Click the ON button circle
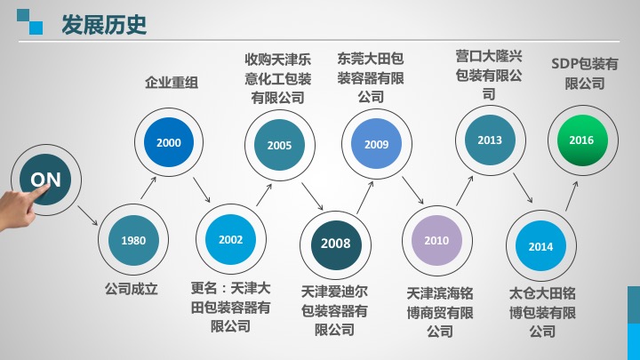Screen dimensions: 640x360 45,180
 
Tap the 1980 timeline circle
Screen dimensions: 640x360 133,240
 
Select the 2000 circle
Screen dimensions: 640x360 169,142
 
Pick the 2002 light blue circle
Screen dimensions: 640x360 230,240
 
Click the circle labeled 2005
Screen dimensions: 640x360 280,145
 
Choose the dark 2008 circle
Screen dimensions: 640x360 336,244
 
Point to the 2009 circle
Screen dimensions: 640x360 376,144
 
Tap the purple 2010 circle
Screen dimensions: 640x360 436,240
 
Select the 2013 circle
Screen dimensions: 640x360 490,140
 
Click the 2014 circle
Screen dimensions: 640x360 540,246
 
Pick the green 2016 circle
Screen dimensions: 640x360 582,140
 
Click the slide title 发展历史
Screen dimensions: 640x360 104,25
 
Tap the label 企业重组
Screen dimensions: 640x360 172,83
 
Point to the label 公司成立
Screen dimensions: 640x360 132,289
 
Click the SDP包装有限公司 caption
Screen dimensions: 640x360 585,74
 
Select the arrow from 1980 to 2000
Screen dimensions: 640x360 148,188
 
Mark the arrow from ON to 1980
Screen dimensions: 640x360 88,215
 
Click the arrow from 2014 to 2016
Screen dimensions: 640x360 572,196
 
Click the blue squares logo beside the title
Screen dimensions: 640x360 30,21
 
